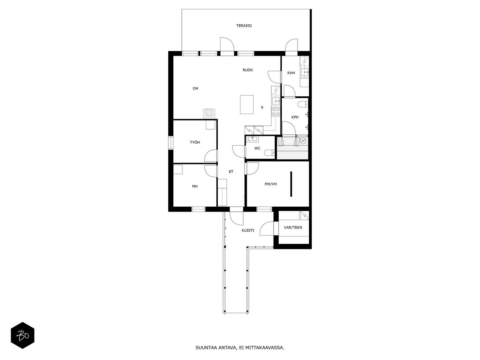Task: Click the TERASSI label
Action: click(x=244, y=26)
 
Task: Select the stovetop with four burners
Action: click(x=276, y=112)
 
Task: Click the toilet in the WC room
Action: click(x=269, y=153)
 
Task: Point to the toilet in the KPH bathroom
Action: click(x=302, y=104)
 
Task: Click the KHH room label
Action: click(x=291, y=73)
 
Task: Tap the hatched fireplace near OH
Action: click(x=209, y=113)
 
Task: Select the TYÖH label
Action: click(x=195, y=142)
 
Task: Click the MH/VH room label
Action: click(x=271, y=184)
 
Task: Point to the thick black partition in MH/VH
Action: click(x=291, y=184)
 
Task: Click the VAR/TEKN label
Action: click(x=293, y=227)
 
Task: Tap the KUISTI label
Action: click(x=248, y=230)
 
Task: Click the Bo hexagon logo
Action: click(x=22, y=335)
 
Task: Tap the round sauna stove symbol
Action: click(x=303, y=141)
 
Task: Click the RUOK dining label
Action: click(x=247, y=70)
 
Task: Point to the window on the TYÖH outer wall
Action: click(x=170, y=142)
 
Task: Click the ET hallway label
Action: click(x=231, y=172)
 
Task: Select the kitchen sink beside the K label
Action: click(x=276, y=101)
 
